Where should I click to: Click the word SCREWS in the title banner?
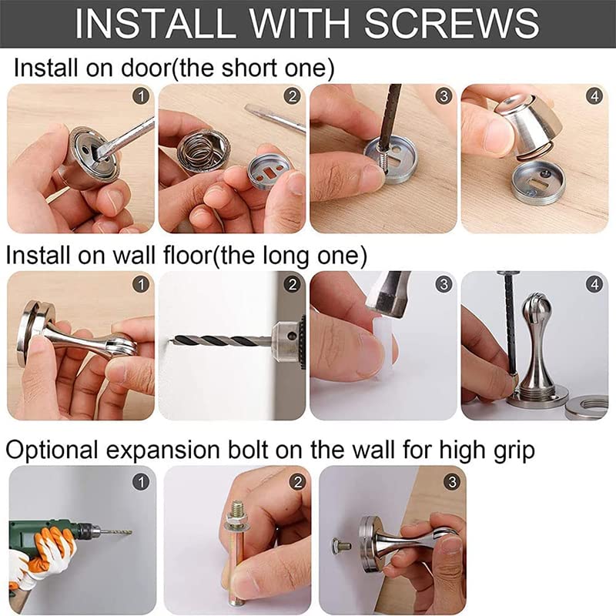click(452, 23)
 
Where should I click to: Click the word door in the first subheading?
click(145, 68)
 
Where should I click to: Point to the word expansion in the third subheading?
click(162, 450)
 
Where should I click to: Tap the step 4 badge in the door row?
click(594, 96)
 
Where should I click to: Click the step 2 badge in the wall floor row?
click(293, 283)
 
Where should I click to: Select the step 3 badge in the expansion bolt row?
click(452, 482)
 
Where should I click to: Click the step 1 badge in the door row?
click(141, 96)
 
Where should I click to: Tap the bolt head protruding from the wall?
click(340, 546)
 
